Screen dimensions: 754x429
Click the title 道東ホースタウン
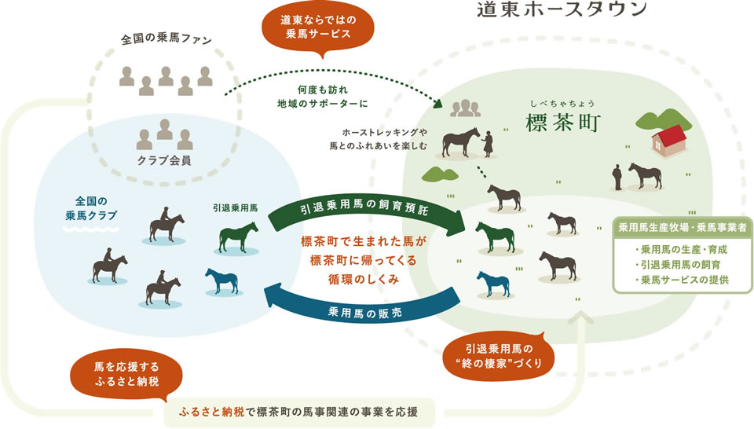[561, 9]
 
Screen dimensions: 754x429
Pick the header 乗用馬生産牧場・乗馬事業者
[682, 228]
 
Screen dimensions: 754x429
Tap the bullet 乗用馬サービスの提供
[682, 280]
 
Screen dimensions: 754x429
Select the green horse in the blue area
[238, 237]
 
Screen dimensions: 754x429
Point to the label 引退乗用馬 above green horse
[235, 209]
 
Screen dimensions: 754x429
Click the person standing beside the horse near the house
[618, 176]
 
